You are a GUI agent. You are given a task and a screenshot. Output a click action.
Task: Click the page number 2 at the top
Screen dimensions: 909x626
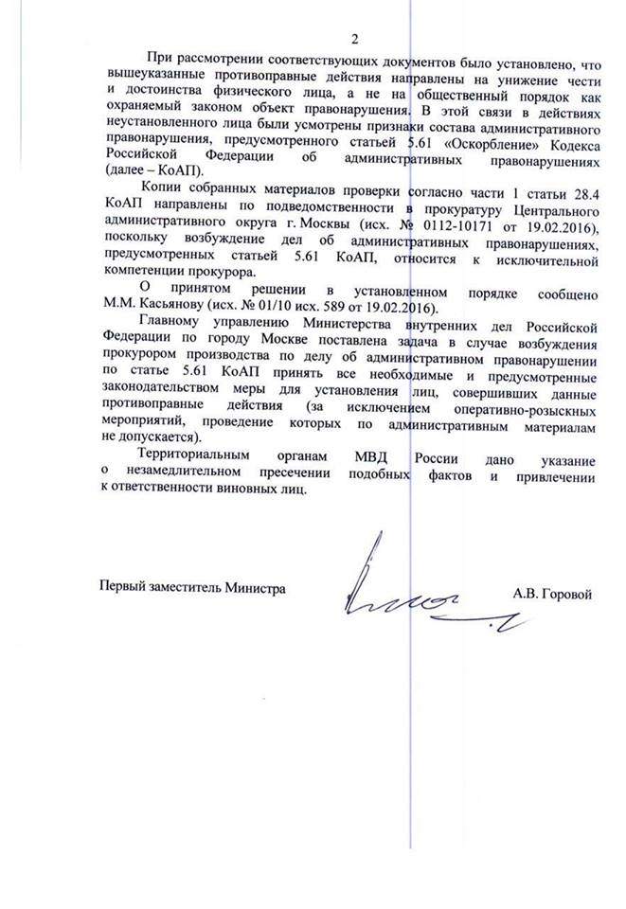(x=355, y=39)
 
